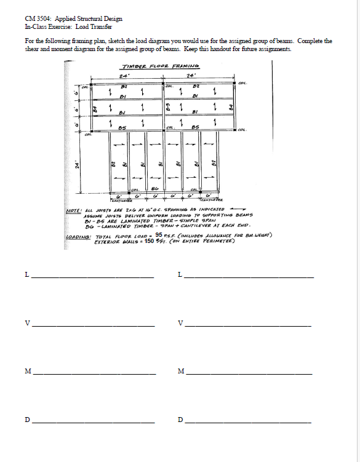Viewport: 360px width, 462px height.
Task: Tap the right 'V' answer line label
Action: pyautogui.click(x=180, y=323)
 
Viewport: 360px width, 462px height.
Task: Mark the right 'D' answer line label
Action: pyautogui.click(x=180, y=420)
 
